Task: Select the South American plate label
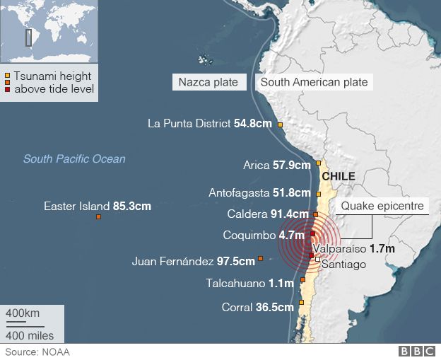click(314, 82)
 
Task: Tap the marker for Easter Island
click(98, 217)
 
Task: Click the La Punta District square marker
click(280, 125)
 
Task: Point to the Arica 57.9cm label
click(276, 166)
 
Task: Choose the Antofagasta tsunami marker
click(319, 193)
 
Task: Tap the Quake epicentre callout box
click(382, 207)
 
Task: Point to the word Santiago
click(343, 265)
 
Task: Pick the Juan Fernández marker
click(261, 259)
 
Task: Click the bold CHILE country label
click(338, 176)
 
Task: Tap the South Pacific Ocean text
click(73, 159)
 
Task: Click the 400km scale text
click(23, 313)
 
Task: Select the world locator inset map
click(49, 31)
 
